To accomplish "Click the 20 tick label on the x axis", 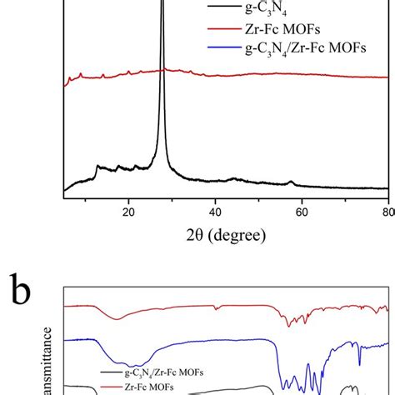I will coord(128,211).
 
